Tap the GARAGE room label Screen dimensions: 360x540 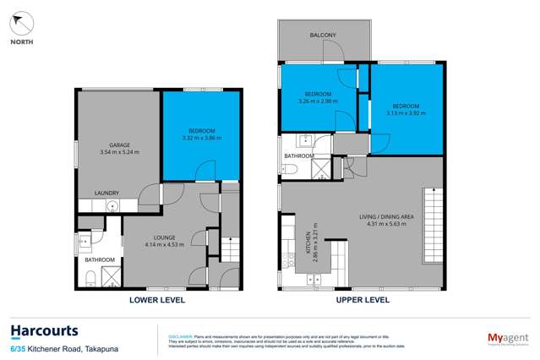click(x=119, y=145)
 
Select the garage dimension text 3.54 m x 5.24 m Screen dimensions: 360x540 click(x=119, y=153)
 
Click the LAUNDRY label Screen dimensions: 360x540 click(x=106, y=193)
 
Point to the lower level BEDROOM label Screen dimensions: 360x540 click(x=201, y=130)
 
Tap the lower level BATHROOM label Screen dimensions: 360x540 click(x=99, y=259)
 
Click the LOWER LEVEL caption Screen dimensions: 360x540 click(x=156, y=300)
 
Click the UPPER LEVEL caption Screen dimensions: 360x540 click(x=363, y=300)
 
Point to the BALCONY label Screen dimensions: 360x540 click(x=323, y=35)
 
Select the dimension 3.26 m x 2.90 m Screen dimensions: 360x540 click(x=319, y=101)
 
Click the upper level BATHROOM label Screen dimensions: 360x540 click(x=299, y=156)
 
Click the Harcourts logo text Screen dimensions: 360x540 click(x=44, y=331)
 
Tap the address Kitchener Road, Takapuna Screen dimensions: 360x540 click(x=72, y=348)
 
